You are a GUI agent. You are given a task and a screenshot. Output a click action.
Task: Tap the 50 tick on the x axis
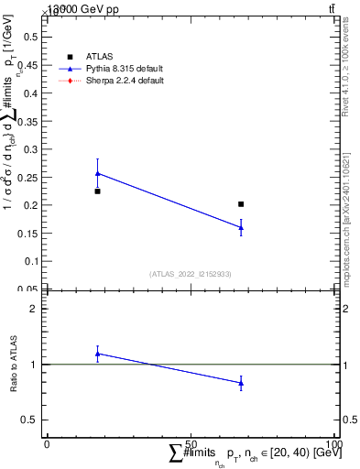(191, 443)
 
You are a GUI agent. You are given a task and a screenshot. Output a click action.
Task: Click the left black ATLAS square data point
(97, 191)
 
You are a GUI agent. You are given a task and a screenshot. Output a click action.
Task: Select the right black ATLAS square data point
(241, 204)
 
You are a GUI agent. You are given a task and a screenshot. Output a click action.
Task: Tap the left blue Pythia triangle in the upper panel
(97, 173)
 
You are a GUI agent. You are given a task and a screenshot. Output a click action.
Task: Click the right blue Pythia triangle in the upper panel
(241, 227)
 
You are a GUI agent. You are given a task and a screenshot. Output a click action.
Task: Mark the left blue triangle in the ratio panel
(97, 354)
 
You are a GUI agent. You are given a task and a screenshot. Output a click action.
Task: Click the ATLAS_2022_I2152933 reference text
(191, 274)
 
